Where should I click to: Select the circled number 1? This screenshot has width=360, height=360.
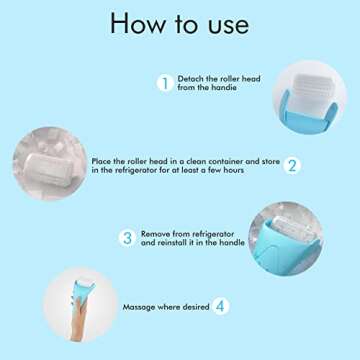pos(163,84)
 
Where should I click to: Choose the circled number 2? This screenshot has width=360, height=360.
pos(292,166)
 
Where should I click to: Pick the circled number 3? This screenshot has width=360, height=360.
pos(127,238)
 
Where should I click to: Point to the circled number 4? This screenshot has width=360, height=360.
pos(220,307)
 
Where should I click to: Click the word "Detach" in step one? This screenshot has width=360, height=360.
pos(190,78)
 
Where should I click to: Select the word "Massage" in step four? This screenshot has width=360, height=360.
pos(140,307)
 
